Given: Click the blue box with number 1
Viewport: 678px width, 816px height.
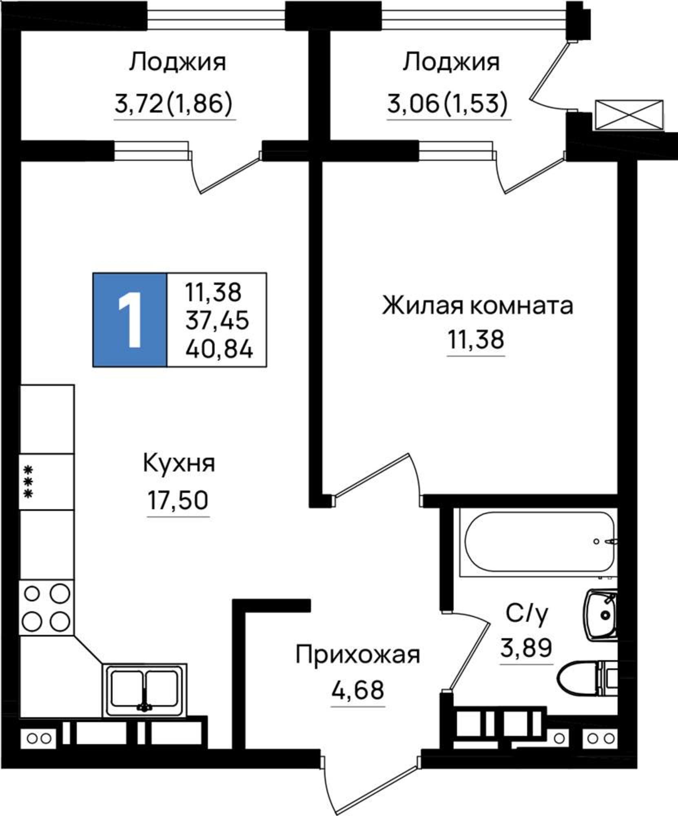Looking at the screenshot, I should (130, 320).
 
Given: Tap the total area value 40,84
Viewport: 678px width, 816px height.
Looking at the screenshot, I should (219, 350).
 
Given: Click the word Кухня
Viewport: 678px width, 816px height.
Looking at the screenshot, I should (179, 464).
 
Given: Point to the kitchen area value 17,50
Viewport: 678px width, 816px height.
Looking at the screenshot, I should (178, 501).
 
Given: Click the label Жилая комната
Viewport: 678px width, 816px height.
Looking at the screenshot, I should (477, 306).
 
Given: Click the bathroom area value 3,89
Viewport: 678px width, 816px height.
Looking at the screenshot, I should (526, 647).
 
